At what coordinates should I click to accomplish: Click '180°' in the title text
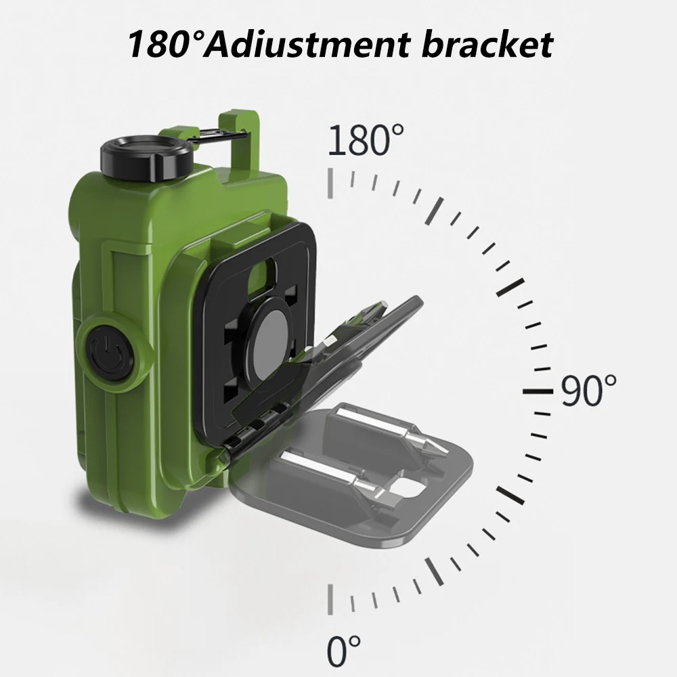coord(162,45)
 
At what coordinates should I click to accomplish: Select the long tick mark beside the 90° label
coord(539,392)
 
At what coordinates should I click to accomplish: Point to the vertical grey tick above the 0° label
coord(330,598)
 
